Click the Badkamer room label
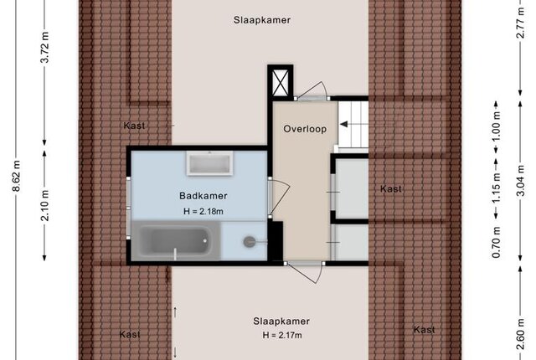(203, 196)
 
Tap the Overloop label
(305, 129)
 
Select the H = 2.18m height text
(203, 212)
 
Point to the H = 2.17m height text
(282, 335)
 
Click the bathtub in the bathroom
(176, 241)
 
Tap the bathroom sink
(209, 163)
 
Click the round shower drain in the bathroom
(250, 242)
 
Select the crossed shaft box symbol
(280, 83)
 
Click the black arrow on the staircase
(343, 124)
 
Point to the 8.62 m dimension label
(17, 175)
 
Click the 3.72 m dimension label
(44, 47)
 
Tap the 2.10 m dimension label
(44, 205)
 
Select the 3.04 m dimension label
(520, 181)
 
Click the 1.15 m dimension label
(497, 188)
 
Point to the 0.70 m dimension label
(497, 243)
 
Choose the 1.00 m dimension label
(497, 126)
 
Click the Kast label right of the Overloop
(391, 188)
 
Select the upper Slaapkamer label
(262, 20)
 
